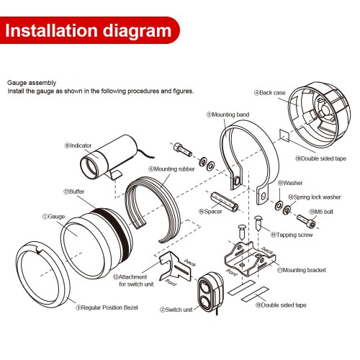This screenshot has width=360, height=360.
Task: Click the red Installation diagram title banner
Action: coord(89,30)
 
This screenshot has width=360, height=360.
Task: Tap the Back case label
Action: coord(270,93)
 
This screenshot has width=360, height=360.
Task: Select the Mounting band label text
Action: coord(228,114)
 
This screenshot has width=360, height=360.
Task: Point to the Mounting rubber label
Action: coord(171,169)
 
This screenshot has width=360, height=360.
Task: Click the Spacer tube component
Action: coord(225,202)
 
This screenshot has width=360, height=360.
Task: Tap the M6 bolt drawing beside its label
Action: coord(306,222)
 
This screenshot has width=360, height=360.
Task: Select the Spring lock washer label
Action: coord(315,197)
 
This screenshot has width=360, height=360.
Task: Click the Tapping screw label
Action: coord(292,235)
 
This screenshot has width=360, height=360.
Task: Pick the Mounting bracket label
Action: coord(302,270)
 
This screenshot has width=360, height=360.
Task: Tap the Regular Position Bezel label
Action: coord(107,307)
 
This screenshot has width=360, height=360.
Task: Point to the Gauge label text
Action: coord(53,217)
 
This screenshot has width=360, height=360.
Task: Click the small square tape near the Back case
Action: coord(284,135)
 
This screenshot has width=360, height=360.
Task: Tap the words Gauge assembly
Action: coord(32,83)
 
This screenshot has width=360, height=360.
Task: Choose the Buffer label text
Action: coord(74,192)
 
